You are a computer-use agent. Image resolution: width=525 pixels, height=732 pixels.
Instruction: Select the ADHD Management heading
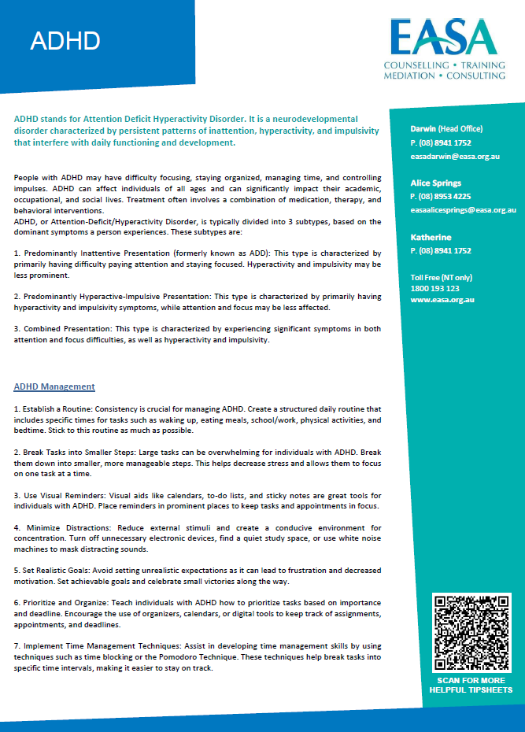tap(54, 386)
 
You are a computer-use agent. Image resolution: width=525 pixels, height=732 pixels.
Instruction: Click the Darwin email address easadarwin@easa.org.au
tap(455, 157)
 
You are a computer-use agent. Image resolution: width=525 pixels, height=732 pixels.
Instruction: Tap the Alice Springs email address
tap(463, 210)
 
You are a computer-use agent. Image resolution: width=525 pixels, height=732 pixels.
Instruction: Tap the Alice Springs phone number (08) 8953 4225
tap(441, 197)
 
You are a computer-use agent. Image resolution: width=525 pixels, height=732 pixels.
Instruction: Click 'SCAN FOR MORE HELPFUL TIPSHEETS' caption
tap(471, 685)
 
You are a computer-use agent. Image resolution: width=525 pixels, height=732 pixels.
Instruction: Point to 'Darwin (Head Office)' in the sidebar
tap(446, 128)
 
